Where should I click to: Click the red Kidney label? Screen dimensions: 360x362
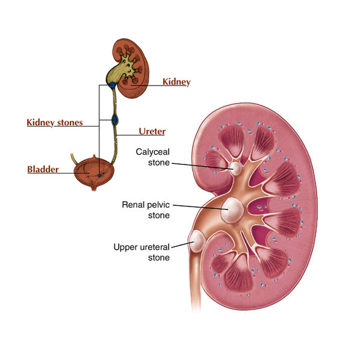click(x=176, y=82)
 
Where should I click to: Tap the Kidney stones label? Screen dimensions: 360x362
click(x=55, y=123)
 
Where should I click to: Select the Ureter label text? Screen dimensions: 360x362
click(x=152, y=131)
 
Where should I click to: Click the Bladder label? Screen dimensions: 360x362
click(x=43, y=169)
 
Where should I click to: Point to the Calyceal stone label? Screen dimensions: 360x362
click(x=153, y=157)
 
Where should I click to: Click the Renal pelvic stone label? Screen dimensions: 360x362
click(x=146, y=210)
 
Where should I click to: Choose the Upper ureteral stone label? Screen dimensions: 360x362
click(x=141, y=252)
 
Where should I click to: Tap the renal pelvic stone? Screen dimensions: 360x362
click(x=232, y=210)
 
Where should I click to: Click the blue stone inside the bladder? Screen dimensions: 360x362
click(x=99, y=176)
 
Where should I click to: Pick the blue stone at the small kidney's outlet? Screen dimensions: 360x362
click(x=112, y=85)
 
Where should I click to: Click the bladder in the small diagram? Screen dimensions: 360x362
click(x=94, y=173)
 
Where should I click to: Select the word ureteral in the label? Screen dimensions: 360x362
click(x=154, y=248)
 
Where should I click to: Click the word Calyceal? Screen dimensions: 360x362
click(x=153, y=152)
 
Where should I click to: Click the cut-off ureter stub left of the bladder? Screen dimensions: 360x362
click(x=74, y=158)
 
